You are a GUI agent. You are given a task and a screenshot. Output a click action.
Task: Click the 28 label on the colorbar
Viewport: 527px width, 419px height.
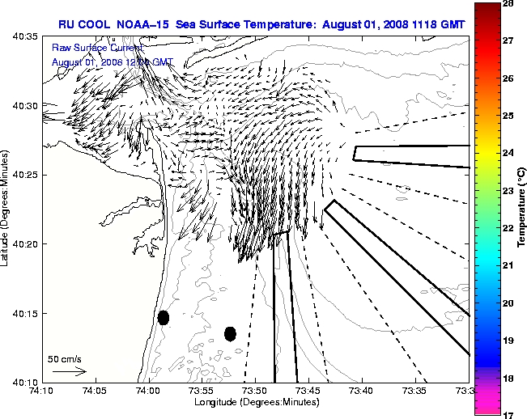[511, 5]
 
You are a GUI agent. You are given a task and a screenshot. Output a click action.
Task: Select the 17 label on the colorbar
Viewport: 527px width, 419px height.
[511, 414]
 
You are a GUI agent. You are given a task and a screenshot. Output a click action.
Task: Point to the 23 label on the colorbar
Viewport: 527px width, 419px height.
[511, 191]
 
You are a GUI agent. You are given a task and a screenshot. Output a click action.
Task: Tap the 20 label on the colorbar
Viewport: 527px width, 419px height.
[511, 303]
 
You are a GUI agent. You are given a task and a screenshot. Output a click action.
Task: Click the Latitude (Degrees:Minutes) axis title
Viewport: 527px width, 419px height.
[6, 209]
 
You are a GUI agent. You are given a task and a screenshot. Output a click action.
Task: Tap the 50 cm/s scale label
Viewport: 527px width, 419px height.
[65, 358]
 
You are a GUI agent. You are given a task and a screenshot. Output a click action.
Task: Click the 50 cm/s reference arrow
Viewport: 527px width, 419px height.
[69, 371]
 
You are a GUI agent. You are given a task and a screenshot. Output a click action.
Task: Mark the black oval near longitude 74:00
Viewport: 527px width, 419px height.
[164, 317]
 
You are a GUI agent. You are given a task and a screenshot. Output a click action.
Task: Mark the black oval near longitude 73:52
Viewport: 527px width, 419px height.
[230, 333]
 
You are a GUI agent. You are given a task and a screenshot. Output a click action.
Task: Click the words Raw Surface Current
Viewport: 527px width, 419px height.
[85, 49]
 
